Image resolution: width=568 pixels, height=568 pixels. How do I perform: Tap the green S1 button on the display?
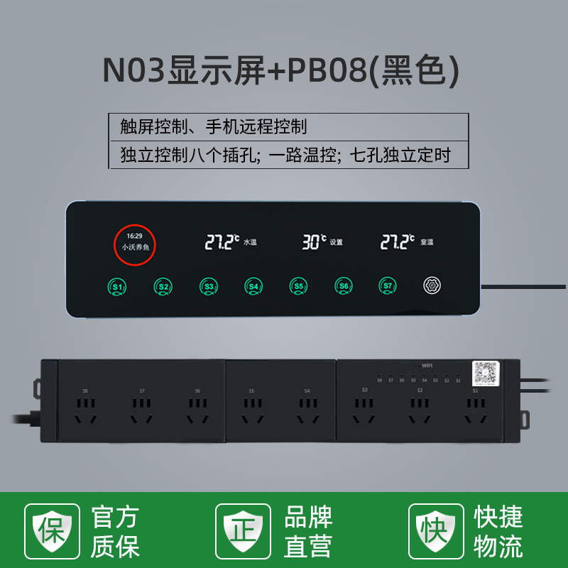[119, 287]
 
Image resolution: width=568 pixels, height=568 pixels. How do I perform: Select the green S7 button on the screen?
[386, 286]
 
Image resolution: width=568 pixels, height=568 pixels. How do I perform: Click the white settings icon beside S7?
[432, 285]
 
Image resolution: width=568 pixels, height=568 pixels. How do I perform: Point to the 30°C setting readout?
[315, 242]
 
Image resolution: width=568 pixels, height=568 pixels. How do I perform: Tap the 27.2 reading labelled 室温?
[398, 242]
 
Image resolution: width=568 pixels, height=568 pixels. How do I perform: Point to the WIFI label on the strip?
[426, 365]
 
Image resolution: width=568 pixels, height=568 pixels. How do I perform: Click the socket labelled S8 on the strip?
[85, 409]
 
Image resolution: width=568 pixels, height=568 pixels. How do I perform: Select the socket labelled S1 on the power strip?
[476, 409]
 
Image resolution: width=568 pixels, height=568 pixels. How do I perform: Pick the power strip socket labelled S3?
[364, 409]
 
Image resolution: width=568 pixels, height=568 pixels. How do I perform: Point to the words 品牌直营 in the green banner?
[309, 532]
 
